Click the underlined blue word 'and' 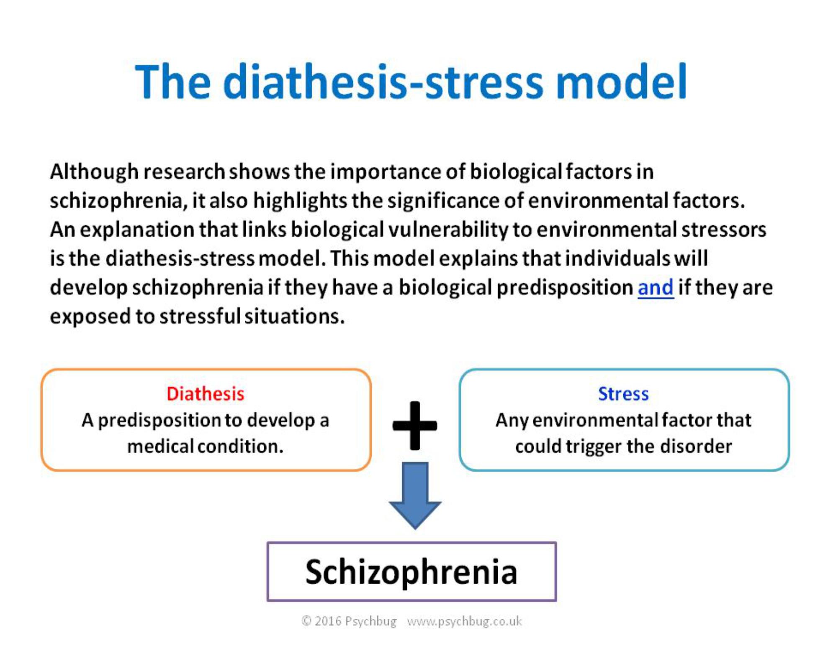point(655,287)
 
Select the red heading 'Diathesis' point(205,393)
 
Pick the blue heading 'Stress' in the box point(623,393)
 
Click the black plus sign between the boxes point(415,425)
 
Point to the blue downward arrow point(415,495)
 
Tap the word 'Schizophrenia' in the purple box point(411,572)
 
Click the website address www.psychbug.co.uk point(464,621)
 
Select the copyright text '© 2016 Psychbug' point(349,621)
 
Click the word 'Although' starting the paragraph point(94,172)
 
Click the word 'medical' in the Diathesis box point(160,446)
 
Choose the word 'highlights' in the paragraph point(300,201)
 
